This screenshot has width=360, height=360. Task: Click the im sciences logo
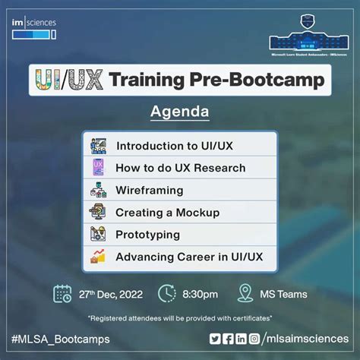[x=34, y=28]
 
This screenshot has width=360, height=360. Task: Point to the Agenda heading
[x=180, y=112]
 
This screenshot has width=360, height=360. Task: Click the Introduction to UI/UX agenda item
[x=174, y=145]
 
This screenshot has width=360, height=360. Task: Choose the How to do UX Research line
[x=180, y=168]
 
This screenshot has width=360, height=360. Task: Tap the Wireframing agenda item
[x=149, y=190]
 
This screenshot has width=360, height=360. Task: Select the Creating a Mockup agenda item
[x=167, y=213]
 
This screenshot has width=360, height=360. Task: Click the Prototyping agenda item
[x=147, y=235]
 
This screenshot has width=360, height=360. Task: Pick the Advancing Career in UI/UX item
[x=189, y=257]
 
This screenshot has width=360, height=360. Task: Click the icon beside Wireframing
[x=99, y=190]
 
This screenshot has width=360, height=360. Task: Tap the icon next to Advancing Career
[x=99, y=257]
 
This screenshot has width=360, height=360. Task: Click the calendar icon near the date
[x=63, y=293]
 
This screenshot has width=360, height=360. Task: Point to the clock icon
[x=167, y=293]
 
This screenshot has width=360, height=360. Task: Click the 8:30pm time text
[x=199, y=294]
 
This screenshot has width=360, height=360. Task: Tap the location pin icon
[x=245, y=293]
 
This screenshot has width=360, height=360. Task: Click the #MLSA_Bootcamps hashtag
[x=61, y=338]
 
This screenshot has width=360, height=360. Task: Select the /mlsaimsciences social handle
[x=305, y=338]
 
